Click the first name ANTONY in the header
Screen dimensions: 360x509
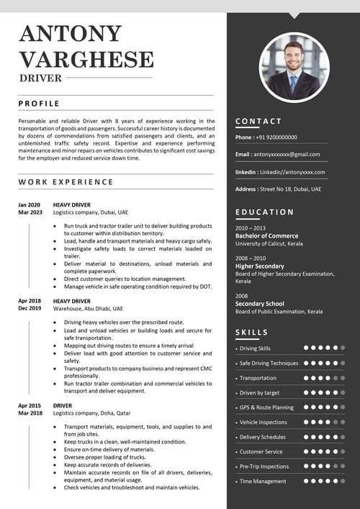(x=71, y=34)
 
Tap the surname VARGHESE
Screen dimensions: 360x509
(x=86, y=59)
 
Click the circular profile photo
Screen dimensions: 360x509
(x=293, y=67)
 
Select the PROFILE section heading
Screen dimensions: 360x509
(x=39, y=104)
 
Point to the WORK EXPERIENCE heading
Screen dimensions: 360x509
(x=66, y=182)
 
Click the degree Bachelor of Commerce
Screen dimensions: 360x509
(x=266, y=236)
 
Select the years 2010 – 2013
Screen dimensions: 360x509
(x=251, y=228)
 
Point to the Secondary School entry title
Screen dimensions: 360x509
(x=260, y=304)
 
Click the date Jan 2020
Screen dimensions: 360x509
(x=30, y=204)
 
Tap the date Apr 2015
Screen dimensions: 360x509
(x=30, y=406)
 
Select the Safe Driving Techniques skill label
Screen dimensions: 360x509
(x=269, y=363)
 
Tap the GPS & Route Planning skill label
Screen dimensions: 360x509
(x=266, y=407)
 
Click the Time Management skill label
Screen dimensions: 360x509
(x=263, y=481)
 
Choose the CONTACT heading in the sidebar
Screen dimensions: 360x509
(x=258, y=121)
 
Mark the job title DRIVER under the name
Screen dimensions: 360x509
(x=40, y=78)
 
